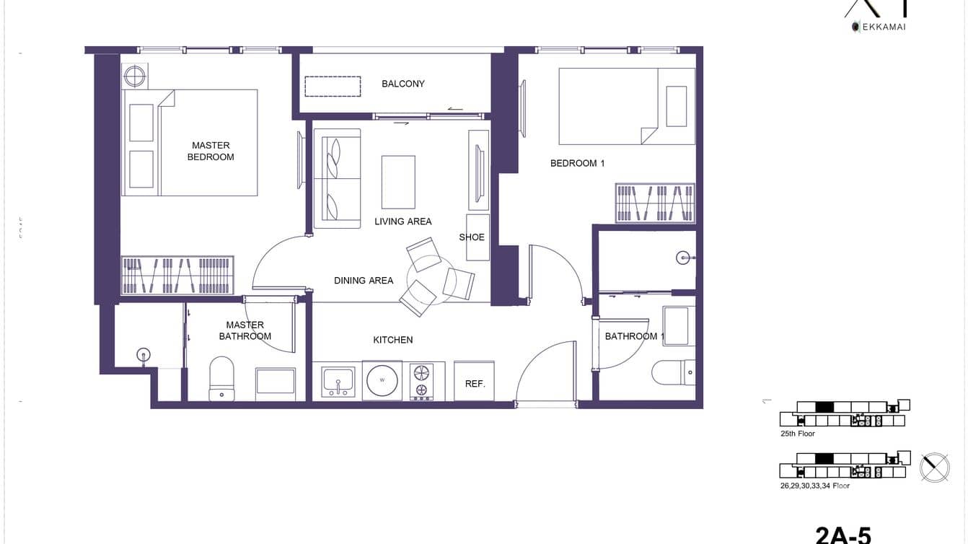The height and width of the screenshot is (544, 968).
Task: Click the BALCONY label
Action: click(403, 84)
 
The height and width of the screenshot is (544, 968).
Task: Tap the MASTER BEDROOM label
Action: click(211, 151)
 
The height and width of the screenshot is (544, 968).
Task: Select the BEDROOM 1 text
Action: click(577, 163)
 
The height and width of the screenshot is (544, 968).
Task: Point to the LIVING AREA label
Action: click(402, 221)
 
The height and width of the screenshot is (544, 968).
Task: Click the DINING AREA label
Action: click(364, 281)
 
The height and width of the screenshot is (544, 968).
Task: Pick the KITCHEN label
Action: click(393, 340)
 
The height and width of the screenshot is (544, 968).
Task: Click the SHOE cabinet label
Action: click(472, 237)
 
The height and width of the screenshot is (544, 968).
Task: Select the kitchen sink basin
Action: click(338, 380)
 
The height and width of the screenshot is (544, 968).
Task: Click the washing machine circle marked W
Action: click(382, 380)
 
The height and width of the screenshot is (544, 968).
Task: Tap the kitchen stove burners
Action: click(421, 381)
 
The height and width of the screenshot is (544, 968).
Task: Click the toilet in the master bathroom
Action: click(221, 377)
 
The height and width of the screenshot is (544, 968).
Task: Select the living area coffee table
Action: click(398, 182)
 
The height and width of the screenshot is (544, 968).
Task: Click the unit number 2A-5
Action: click(843, 535)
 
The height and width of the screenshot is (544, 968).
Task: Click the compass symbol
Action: click(935, 468)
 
